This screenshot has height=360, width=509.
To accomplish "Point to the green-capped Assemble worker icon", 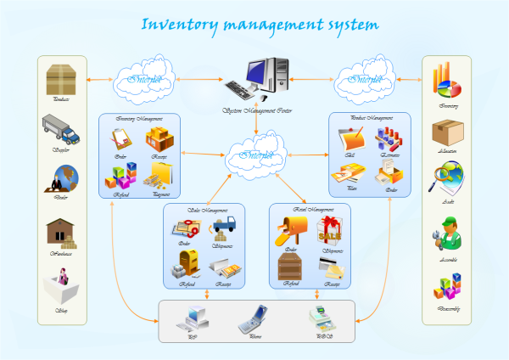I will coord(447,233).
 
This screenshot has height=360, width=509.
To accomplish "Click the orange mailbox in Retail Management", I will coord(290,230).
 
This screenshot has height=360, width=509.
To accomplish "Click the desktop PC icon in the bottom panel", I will coord(190,319).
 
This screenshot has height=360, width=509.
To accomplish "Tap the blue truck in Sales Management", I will coord(224,227).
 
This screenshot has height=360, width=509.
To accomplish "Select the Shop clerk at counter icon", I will coord(60,285).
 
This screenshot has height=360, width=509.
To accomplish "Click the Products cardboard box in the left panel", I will coord(60,80).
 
